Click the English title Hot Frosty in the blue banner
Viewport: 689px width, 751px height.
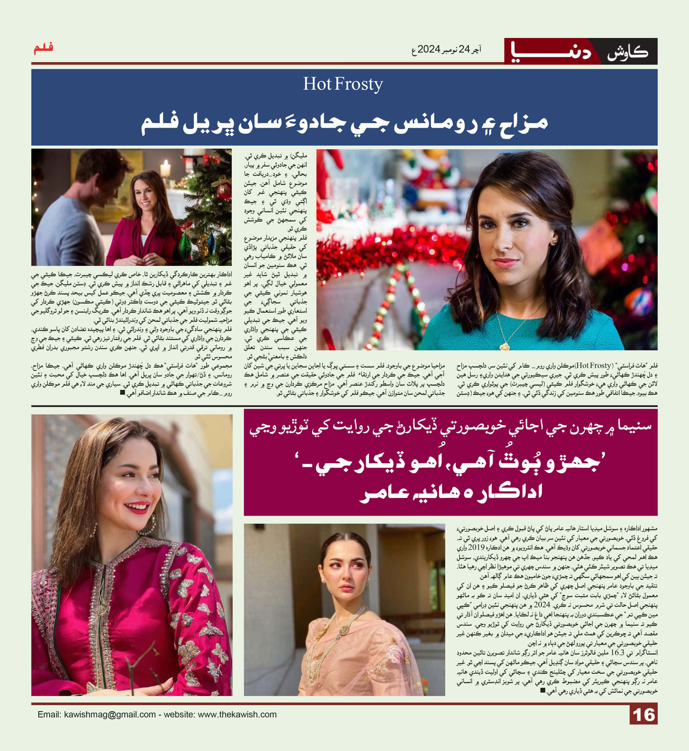point(343,84)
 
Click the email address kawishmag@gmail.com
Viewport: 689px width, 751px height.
point(110,715)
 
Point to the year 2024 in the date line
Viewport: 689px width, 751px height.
point(429,49)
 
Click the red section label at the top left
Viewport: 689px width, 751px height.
point(44,48)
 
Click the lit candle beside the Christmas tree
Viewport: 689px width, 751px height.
point(165,168)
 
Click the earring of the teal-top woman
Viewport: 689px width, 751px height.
point(554,241)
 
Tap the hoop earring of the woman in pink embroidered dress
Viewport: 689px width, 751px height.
point(151,524)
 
